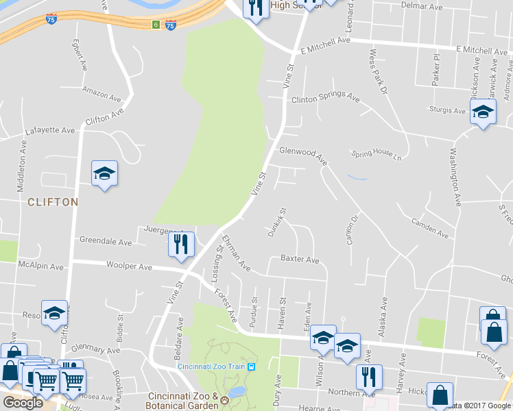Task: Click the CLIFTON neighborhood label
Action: coord(53,202)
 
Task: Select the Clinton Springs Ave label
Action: coord(325,99)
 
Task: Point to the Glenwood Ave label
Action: coord(303,154)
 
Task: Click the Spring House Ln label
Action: coord(375,154)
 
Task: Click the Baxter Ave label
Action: coord(300,260)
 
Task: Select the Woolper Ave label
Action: coord(128,264)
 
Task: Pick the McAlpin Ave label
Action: coord(41,266)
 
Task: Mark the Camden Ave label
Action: coord(430,228)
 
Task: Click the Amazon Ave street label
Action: coord(101,91)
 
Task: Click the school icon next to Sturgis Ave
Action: coord(483,111)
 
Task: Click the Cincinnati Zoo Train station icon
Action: coord(252,366)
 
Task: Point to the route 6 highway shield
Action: coord(156,25)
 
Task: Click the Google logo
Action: coord(23,403)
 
